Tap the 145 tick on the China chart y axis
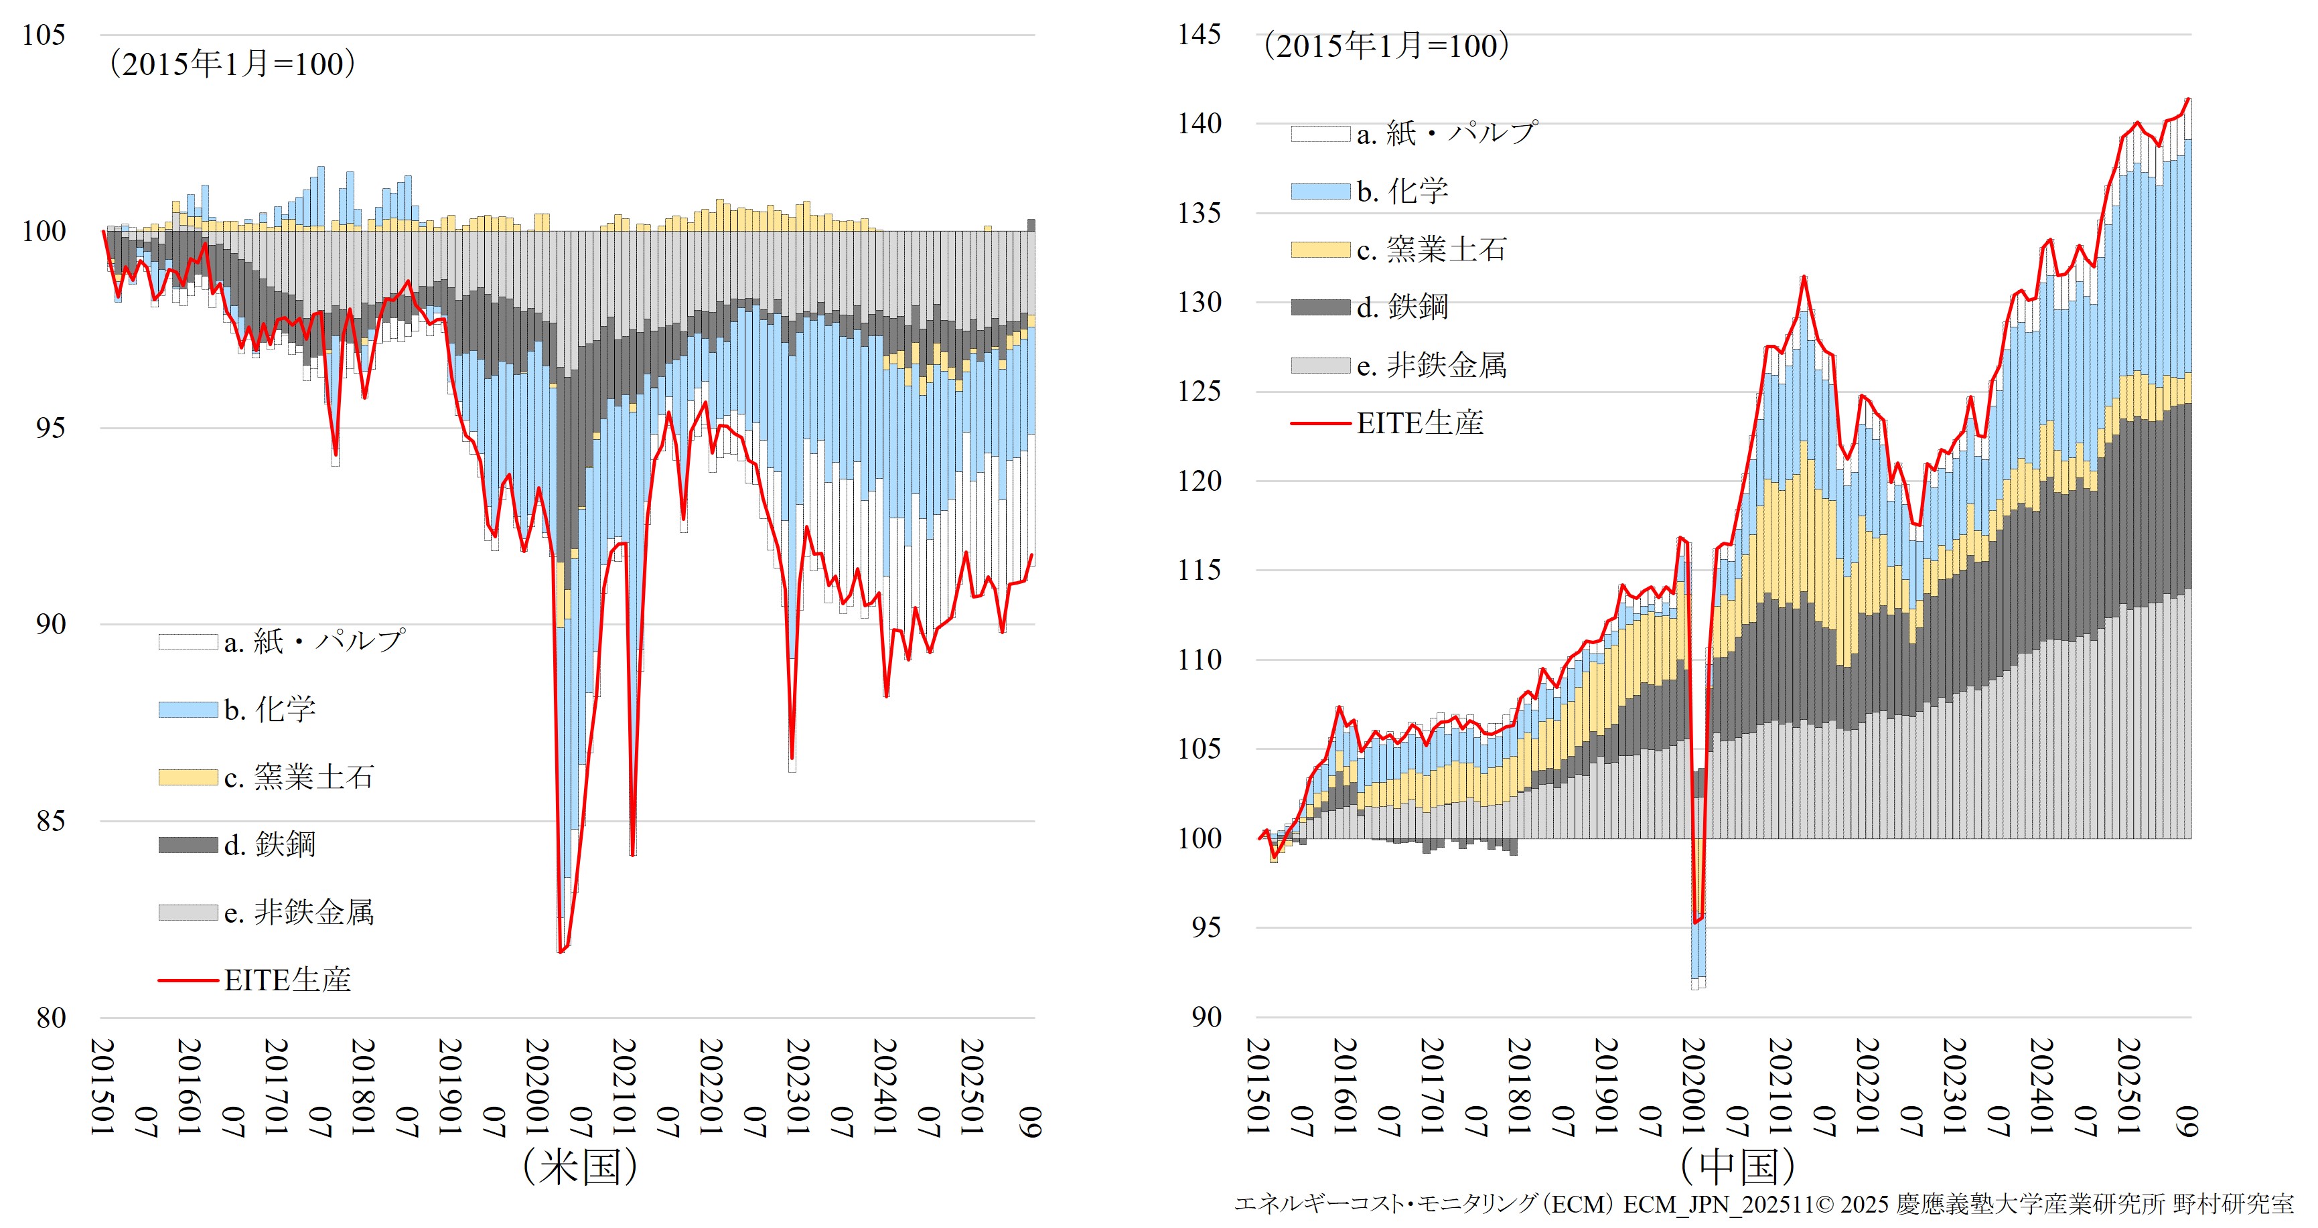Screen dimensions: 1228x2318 [x=1200, y=34]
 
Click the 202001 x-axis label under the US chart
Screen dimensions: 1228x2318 [x=537, y=1087]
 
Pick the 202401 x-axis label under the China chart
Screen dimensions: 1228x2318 [x=2040, y=1087]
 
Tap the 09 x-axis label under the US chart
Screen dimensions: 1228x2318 [x=1031, y=1123]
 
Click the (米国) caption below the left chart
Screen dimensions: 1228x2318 [x=581, y=1168]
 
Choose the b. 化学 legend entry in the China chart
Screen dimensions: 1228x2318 [x=1402, y=191]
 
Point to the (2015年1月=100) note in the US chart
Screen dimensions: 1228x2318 [x=232, y=64]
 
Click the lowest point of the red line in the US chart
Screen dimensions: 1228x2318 [x=561, y=951]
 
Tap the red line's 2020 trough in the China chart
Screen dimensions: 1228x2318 [x=1695, y=922]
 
